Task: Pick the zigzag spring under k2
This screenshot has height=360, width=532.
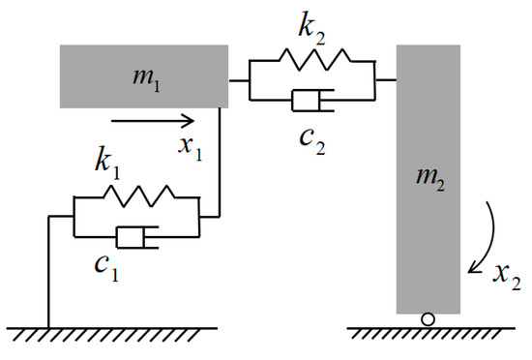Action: coord(310,61)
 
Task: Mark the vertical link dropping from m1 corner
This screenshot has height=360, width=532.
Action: coord(222,165)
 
